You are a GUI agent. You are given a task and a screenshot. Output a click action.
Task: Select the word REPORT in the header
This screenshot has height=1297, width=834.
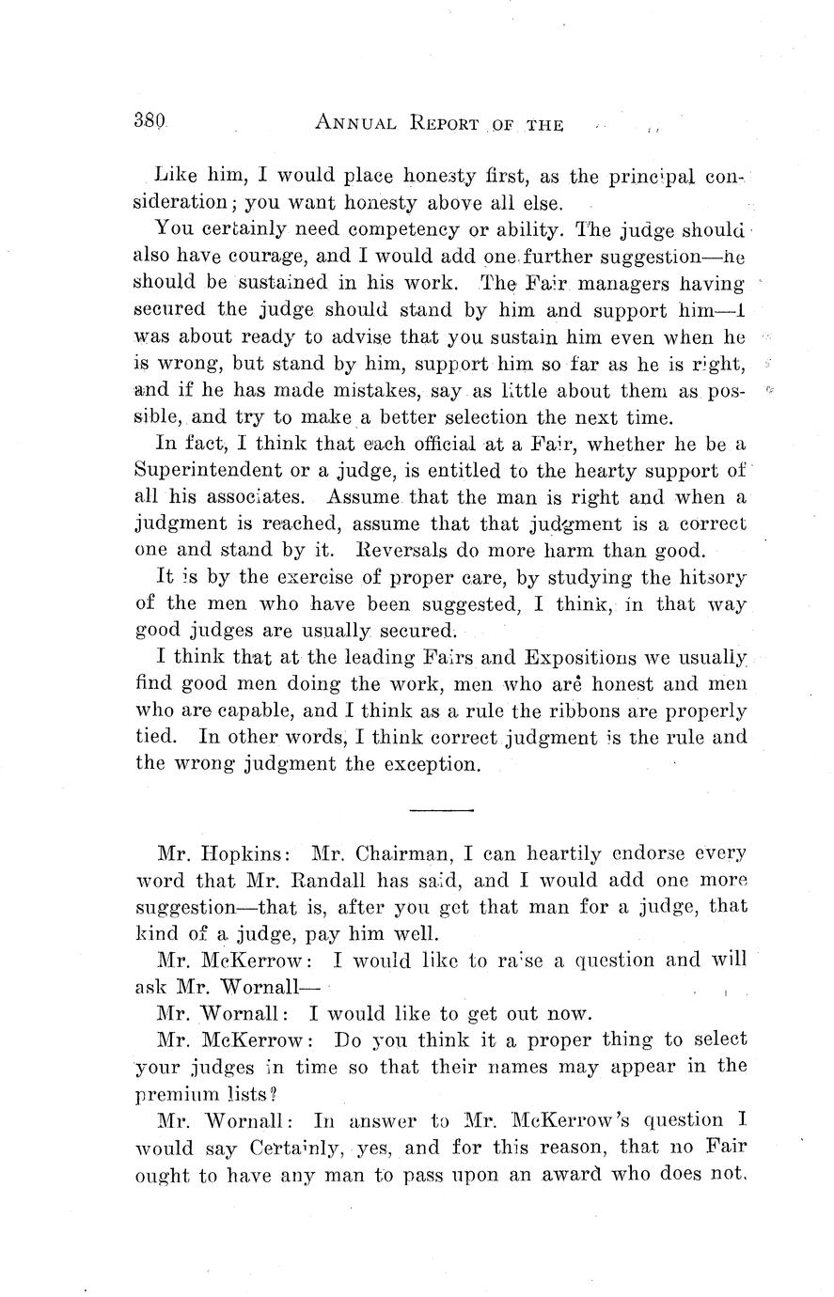pos(444,123)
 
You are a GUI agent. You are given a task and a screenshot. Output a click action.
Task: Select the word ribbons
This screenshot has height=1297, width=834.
pos(602,711)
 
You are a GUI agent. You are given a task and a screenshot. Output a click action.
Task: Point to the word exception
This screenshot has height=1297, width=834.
pos(429,764)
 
